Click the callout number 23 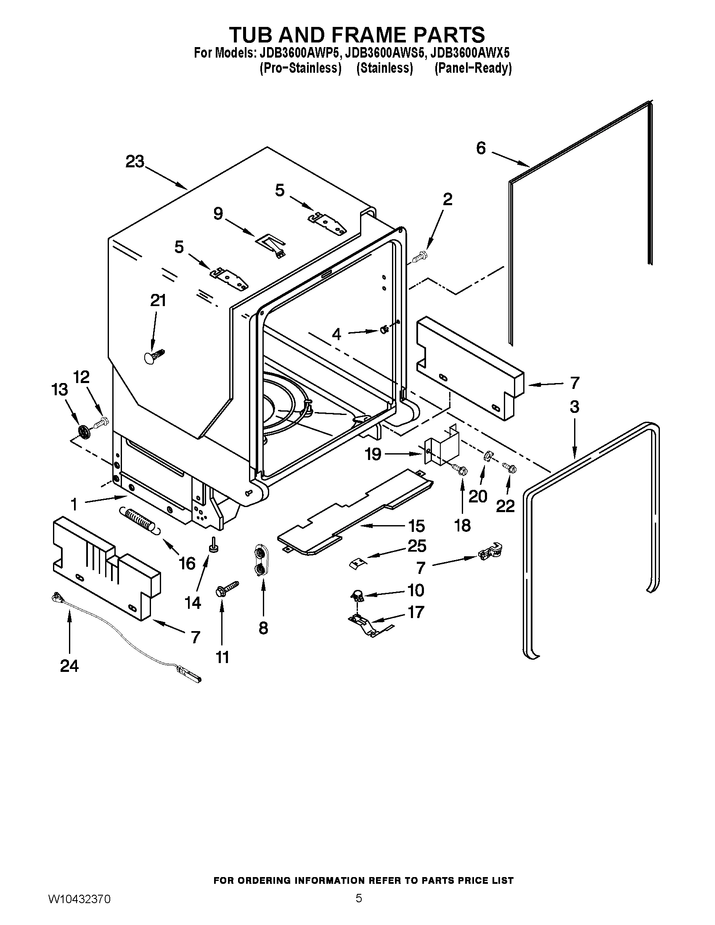135,162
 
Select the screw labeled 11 227,589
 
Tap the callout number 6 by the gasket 481,148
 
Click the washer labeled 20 487,456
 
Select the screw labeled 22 508,468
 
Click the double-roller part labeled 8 260,561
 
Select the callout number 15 416,526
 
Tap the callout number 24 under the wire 69,666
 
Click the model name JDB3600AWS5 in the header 384,53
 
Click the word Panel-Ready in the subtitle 473,68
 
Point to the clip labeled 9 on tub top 271,244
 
